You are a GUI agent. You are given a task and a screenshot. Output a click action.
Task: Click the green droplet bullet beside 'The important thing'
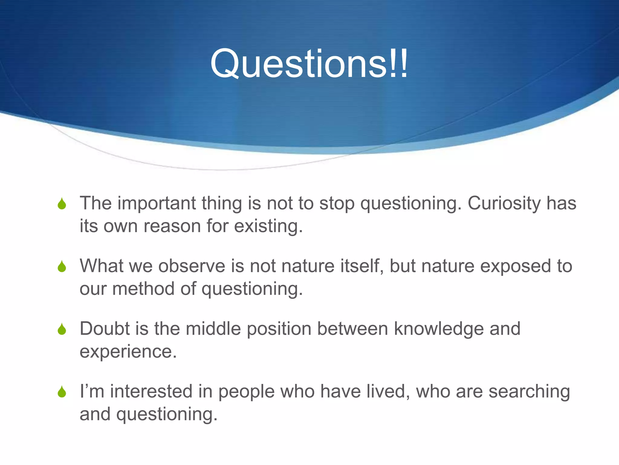(x=62, y=204)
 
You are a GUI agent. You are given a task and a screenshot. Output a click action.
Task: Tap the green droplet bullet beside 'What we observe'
(x=62, y=266)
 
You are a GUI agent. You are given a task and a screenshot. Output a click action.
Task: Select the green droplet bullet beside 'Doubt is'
(x=62, y=329)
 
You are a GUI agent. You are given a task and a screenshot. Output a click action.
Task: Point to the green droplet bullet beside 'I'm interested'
(x=62, y=392)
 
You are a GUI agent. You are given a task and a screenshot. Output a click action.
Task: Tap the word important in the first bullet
(x=157, y=203)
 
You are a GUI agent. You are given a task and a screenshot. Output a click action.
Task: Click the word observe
(x=192, y=266)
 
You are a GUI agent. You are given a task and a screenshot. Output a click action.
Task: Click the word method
(x=144, y=289)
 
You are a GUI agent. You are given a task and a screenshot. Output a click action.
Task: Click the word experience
(x=128, y=352)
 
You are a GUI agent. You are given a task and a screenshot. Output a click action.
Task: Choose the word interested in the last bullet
(x=151, y=391)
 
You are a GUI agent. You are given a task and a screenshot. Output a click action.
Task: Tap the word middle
(x=213, y=329)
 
